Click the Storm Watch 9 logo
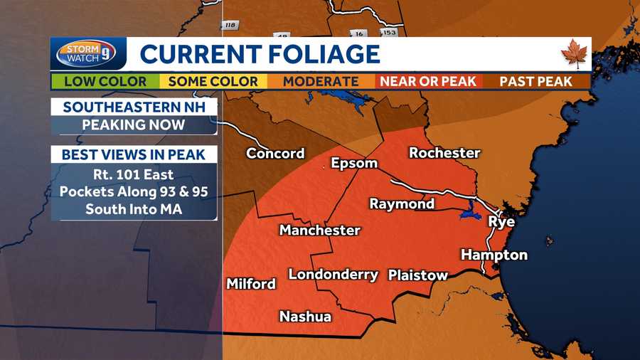[87, 54]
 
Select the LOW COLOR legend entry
[105, 81]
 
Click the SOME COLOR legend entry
[213, 81]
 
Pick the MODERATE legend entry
[321, 81]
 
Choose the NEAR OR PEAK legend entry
[427, 81]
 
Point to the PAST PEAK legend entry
[535, 81]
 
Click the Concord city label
[275, 154]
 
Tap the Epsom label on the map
[354, 164]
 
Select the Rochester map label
[444, 153]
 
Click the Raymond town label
[402, 204]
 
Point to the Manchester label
[319, 231]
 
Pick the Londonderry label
[333, 275]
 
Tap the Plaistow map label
[418, 275]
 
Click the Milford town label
[251, 284]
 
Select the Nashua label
[305, 317]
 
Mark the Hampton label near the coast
[494, 255]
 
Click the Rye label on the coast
[501, 222]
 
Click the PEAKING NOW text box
[134, 125]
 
